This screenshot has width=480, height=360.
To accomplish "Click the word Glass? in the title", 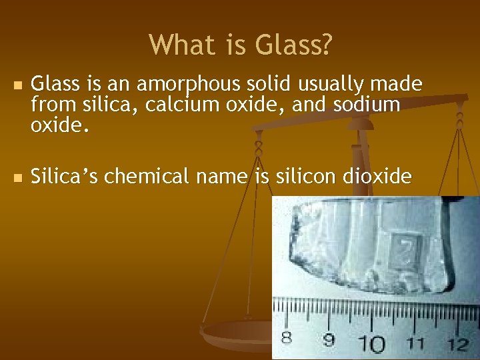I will tap(293, 45).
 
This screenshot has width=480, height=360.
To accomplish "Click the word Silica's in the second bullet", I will tap(65, 177).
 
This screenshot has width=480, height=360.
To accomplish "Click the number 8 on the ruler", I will tap(286, 338).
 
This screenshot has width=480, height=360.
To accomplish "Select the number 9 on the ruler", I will tap(329, 339).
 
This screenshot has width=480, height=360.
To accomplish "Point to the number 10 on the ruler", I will tap(372, 344).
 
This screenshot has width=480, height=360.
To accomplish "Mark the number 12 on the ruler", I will tap(458, 345).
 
